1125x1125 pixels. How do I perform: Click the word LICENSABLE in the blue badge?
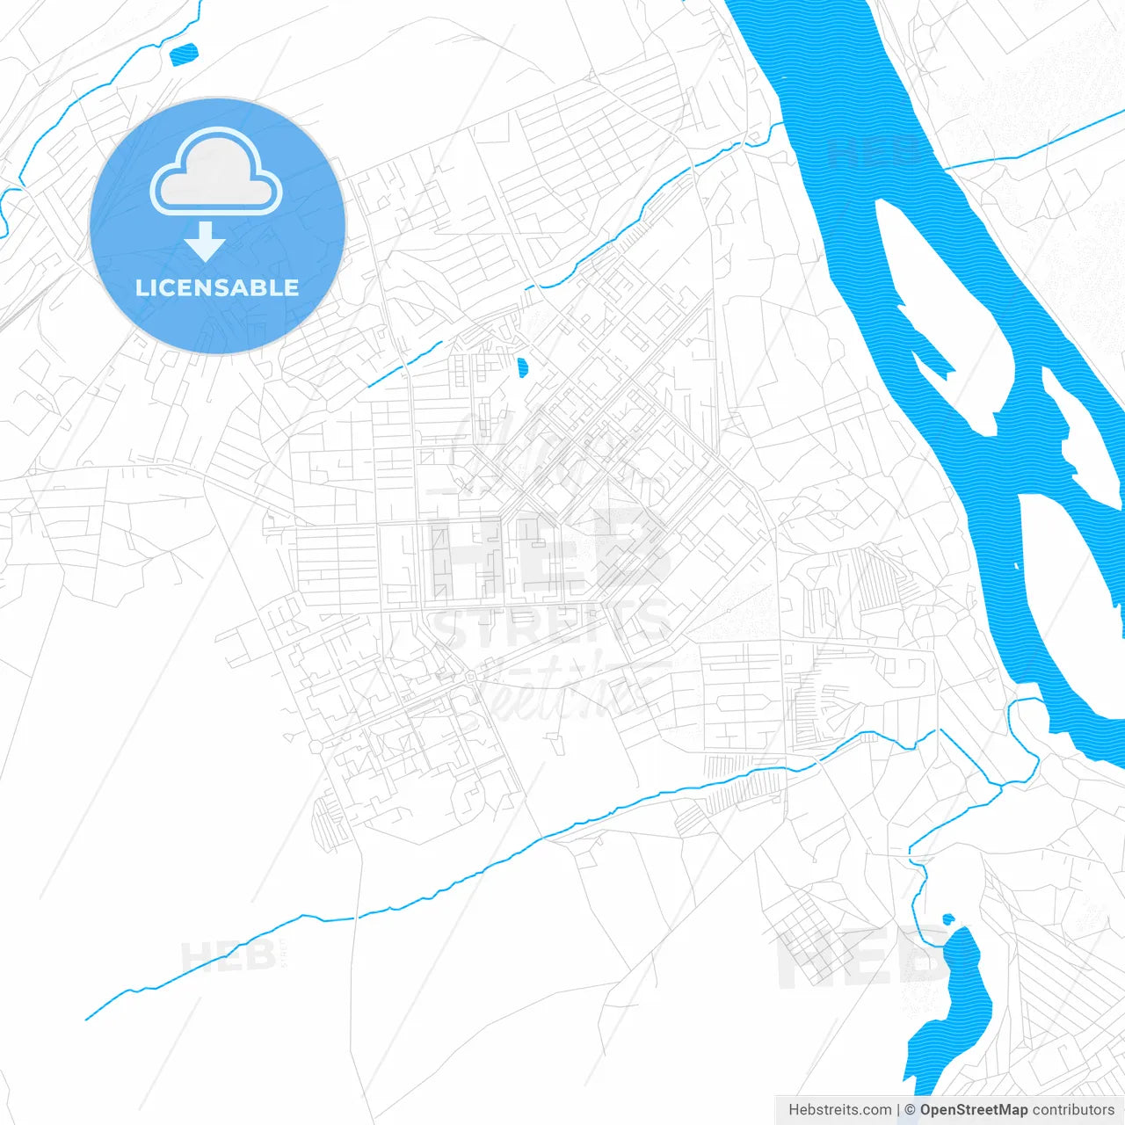click(x=217, y=287)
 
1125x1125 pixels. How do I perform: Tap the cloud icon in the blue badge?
click(x=216, y=172)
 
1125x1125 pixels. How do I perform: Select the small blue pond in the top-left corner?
click(x=184, y=55)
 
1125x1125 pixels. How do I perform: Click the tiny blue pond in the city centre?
click(x=523, y=367)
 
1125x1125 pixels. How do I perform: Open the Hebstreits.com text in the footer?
click(x=839, y=1110)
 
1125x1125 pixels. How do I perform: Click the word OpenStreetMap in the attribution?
click(x=973, y=1110)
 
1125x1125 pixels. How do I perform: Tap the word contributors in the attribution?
click(x=1072, y=1110)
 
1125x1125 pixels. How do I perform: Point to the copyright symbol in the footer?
click(x=910, y=1110)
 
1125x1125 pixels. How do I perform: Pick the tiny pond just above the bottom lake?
click(x=947, y=919)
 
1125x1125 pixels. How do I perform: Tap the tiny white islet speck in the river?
click(x=1017, y=566)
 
